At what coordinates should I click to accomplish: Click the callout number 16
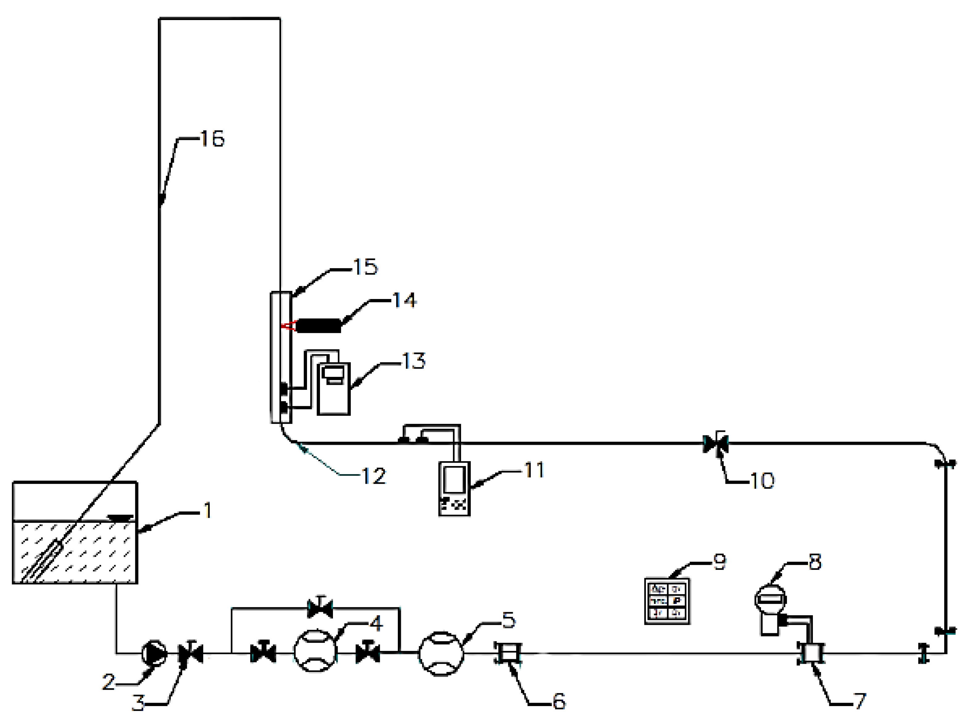pos(212,139)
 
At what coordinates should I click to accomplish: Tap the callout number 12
pos(373,476)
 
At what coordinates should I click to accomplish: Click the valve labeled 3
pos(191,654)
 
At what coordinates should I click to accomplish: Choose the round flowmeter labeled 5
pos(441,654)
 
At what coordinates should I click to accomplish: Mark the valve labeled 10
pos(715,444)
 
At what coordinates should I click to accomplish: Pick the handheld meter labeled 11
pos(455,489)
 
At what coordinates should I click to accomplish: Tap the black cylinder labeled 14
pos(319,326)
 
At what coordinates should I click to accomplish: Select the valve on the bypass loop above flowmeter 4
pos(320,608)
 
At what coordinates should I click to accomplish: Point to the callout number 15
pos(365,267)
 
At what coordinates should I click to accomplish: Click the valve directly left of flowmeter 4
pos(263,654)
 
